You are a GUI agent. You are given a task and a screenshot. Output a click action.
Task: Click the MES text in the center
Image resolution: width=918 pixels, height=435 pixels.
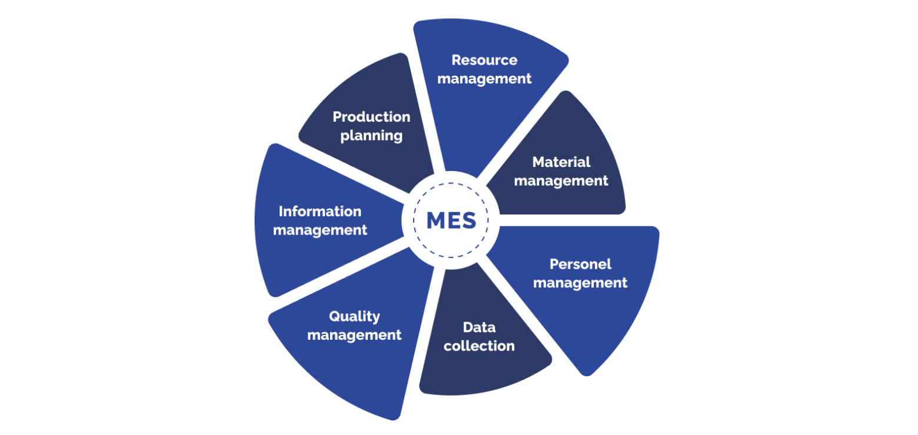[x=451, y=220]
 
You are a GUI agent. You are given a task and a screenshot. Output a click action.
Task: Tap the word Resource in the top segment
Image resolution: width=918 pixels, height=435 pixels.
[x=484, y=60]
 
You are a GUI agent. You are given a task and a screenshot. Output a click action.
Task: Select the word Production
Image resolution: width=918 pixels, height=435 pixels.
[x=371, y=117]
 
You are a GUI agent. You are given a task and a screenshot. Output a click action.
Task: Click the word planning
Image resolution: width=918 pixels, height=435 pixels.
[x=371, y=136]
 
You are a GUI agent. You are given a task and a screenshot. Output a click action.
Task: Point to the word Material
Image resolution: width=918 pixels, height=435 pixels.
[x=561, y=162]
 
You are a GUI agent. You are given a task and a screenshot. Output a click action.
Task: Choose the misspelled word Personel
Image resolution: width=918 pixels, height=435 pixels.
[x=580, y=264]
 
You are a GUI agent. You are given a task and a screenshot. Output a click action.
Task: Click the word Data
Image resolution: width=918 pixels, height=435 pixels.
[x=479, y=327]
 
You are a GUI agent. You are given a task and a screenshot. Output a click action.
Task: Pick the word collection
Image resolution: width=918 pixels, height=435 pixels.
[x=479, y=346]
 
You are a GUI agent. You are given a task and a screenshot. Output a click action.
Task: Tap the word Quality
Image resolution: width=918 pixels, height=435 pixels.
[x=354, y=316]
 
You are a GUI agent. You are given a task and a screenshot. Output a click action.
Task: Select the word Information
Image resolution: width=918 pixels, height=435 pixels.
[x=320, y=211]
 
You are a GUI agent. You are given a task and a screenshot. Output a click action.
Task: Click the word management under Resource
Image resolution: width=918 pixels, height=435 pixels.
[x=484, y=78]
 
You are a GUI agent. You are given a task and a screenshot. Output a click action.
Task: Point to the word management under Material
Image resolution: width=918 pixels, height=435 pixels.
[x=561, y=180]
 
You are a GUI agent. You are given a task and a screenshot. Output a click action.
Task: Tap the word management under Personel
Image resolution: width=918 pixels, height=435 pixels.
[x=580, y=283]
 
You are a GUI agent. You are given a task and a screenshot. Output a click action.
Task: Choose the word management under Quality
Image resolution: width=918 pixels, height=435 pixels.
[x=354, y=335]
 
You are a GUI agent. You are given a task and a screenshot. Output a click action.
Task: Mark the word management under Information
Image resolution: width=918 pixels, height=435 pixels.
[x=320, y=230]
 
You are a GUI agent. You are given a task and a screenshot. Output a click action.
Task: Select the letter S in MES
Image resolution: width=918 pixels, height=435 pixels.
[x=468, y=220]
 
